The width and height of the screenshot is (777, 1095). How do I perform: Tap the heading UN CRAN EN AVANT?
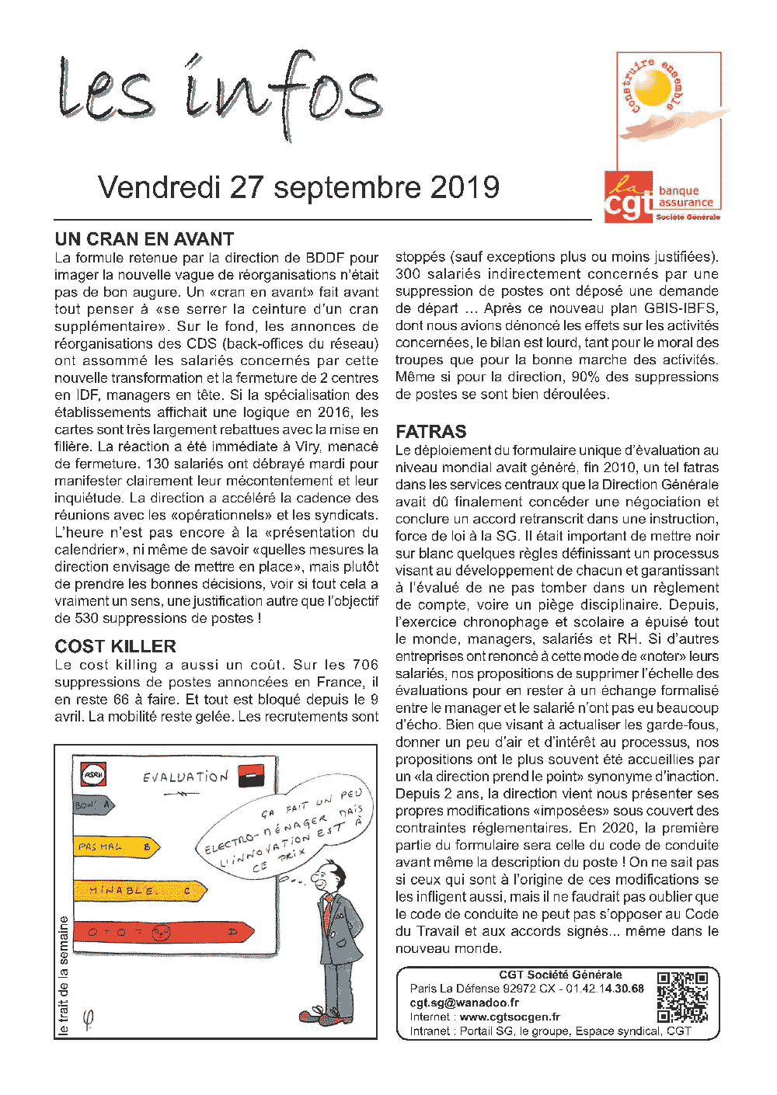point(145,239)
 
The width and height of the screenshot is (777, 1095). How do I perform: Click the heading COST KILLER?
point(115,646)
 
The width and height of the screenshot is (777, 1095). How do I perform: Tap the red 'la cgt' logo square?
point(628,196)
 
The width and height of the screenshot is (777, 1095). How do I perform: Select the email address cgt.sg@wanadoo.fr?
point(465,1003)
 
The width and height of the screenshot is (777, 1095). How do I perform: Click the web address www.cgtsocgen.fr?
point(510,1017)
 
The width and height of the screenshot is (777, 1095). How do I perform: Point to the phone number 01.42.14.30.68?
point(605,989)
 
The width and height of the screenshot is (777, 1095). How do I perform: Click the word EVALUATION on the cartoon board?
point(186,777)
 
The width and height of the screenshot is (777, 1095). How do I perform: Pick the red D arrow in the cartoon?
point(163,931)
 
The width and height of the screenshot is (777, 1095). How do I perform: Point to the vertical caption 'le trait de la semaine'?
point(64,975)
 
